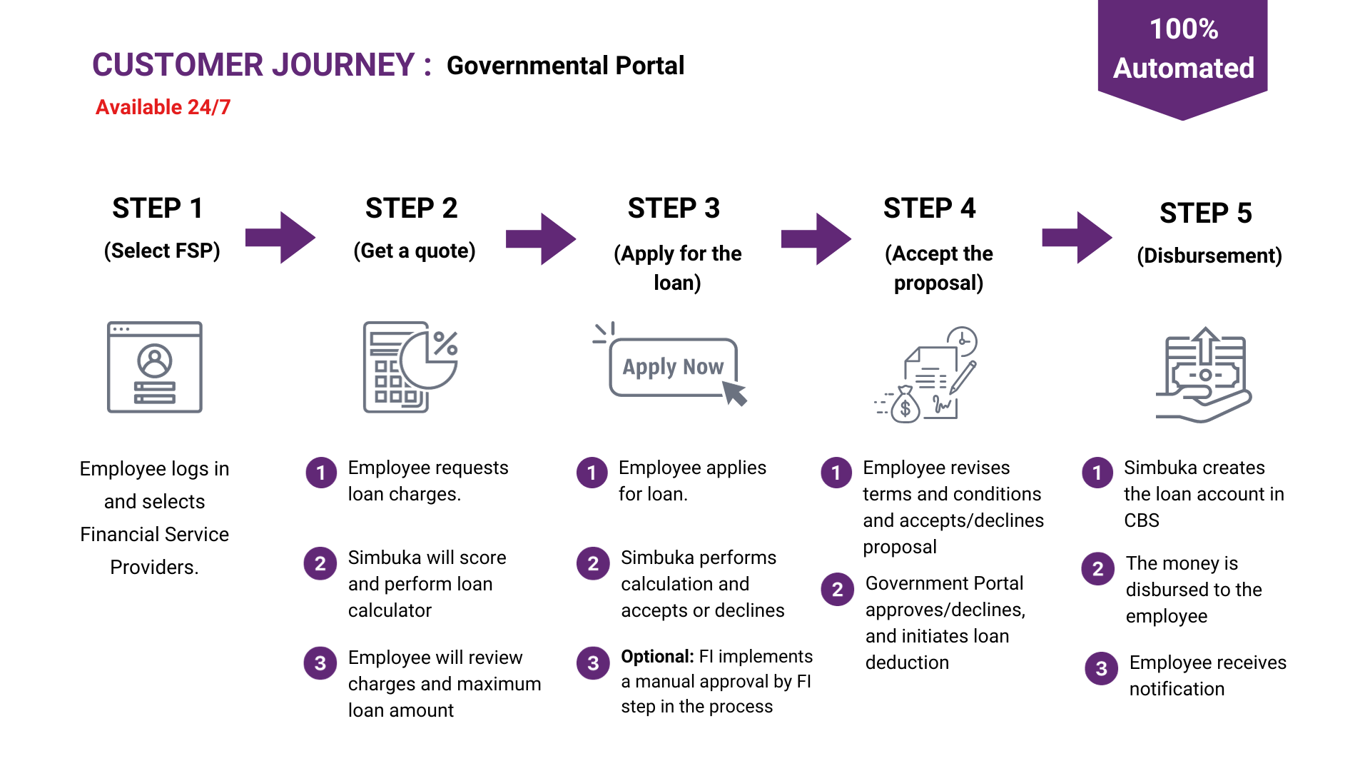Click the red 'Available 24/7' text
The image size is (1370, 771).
(163, 107)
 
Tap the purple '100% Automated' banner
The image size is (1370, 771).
(1182, 57)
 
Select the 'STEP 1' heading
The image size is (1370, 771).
(158, 208)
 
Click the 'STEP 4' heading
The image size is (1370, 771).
(929, 208)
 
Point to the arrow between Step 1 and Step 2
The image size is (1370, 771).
(280, 238)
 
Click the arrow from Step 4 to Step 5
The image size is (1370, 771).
(1077, 238)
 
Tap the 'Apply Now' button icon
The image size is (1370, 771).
(671, 366)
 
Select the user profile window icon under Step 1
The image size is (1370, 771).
(155, 367)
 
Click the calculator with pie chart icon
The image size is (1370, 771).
(410, 367)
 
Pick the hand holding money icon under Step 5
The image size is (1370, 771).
(1204, 375)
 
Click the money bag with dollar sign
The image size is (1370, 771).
(905, 405)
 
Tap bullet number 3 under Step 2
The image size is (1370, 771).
(320, 663)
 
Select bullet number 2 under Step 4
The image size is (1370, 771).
(838, 590)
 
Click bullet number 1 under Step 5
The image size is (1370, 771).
(1097, 473)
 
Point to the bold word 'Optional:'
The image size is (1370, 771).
(657, 657)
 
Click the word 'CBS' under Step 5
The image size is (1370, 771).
(1142, 520)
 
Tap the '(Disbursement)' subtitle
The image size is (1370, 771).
(1209, 256)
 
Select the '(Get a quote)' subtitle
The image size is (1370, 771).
(415, 251)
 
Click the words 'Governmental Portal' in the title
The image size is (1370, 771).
(565, 66)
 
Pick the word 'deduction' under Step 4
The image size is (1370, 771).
(907, 662)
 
